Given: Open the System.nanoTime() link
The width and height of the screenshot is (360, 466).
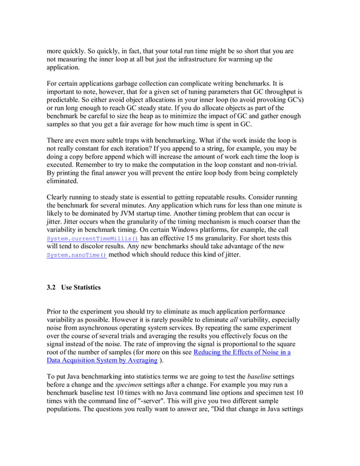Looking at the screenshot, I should tap(76, 255).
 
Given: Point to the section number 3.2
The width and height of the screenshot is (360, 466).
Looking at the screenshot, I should tap(52, 288).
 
